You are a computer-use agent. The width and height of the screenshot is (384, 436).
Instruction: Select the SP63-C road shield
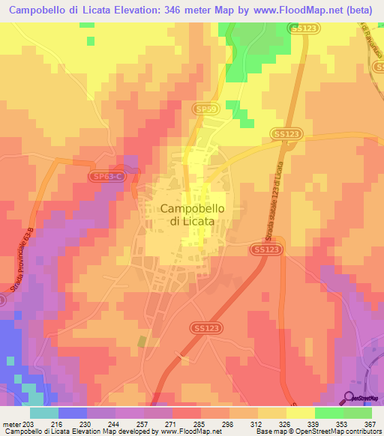click(x=108, y=177)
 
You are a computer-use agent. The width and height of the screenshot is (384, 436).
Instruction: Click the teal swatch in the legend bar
click(x=44, y=412)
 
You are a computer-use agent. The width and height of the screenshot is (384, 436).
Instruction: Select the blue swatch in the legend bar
click(x=73, y=412)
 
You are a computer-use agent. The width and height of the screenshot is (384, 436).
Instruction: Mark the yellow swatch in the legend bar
click(x=300, y=412)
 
